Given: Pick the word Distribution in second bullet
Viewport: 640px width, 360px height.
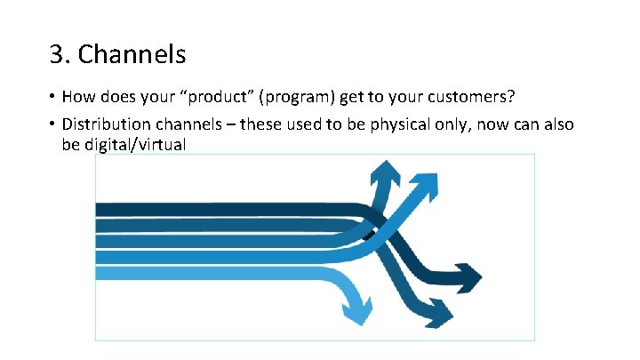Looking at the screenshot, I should tap(105, 124).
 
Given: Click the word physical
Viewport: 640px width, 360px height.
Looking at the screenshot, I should tap(390, 124).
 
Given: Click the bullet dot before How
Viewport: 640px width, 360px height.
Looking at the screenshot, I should tap(52, 96).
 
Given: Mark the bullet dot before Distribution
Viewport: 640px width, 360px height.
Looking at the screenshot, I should tap(52, 124).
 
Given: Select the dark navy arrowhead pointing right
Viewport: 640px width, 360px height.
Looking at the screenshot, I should tap(467, 274).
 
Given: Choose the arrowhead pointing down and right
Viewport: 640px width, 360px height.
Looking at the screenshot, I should tap(440, 312).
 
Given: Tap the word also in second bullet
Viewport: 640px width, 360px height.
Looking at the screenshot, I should tap(557, 124).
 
